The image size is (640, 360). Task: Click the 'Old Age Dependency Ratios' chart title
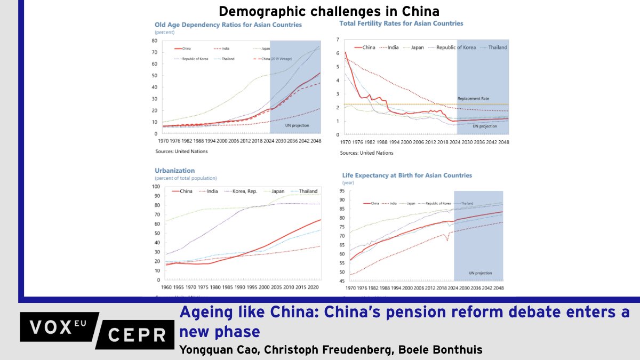228,25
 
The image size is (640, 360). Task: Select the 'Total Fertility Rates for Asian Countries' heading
401,23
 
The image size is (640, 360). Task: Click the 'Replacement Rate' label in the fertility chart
473,99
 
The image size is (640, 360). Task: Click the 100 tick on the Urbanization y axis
156,187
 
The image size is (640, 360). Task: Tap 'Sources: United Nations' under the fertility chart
366,153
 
